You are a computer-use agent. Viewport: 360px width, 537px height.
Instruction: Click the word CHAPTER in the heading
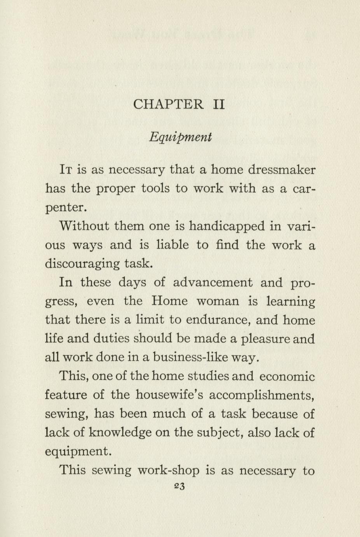(168, 104)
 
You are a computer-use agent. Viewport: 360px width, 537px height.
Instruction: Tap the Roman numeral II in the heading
(219, 104)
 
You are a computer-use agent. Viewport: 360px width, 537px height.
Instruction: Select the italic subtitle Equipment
(180, 137)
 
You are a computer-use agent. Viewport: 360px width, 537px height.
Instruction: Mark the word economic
(287, 376)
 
